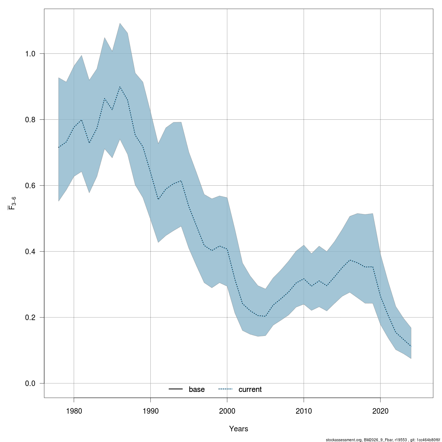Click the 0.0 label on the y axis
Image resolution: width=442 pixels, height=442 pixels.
point(30,383)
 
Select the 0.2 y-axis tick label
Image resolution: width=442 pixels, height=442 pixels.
point(30,318)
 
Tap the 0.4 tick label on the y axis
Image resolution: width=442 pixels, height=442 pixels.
point(30,252)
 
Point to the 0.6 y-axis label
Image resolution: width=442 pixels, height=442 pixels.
point(30,186)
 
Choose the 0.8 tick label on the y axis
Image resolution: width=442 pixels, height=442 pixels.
point(30,120)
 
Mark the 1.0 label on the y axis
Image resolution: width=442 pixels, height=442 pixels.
point(30,54)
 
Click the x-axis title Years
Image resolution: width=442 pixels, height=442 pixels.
point(239,429)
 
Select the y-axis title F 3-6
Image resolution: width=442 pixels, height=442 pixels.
point(12,203)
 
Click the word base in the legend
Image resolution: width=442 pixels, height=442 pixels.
point(197,389)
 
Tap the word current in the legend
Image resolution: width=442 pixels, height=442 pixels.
point(250,389)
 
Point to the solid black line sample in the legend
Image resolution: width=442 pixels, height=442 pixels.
point(176,389)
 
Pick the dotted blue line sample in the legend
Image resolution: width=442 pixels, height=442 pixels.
point(226,389)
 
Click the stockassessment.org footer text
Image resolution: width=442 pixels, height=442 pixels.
point(383,440)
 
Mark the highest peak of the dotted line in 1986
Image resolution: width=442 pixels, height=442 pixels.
point(120,87)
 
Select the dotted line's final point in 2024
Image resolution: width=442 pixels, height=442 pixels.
point(411,346)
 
